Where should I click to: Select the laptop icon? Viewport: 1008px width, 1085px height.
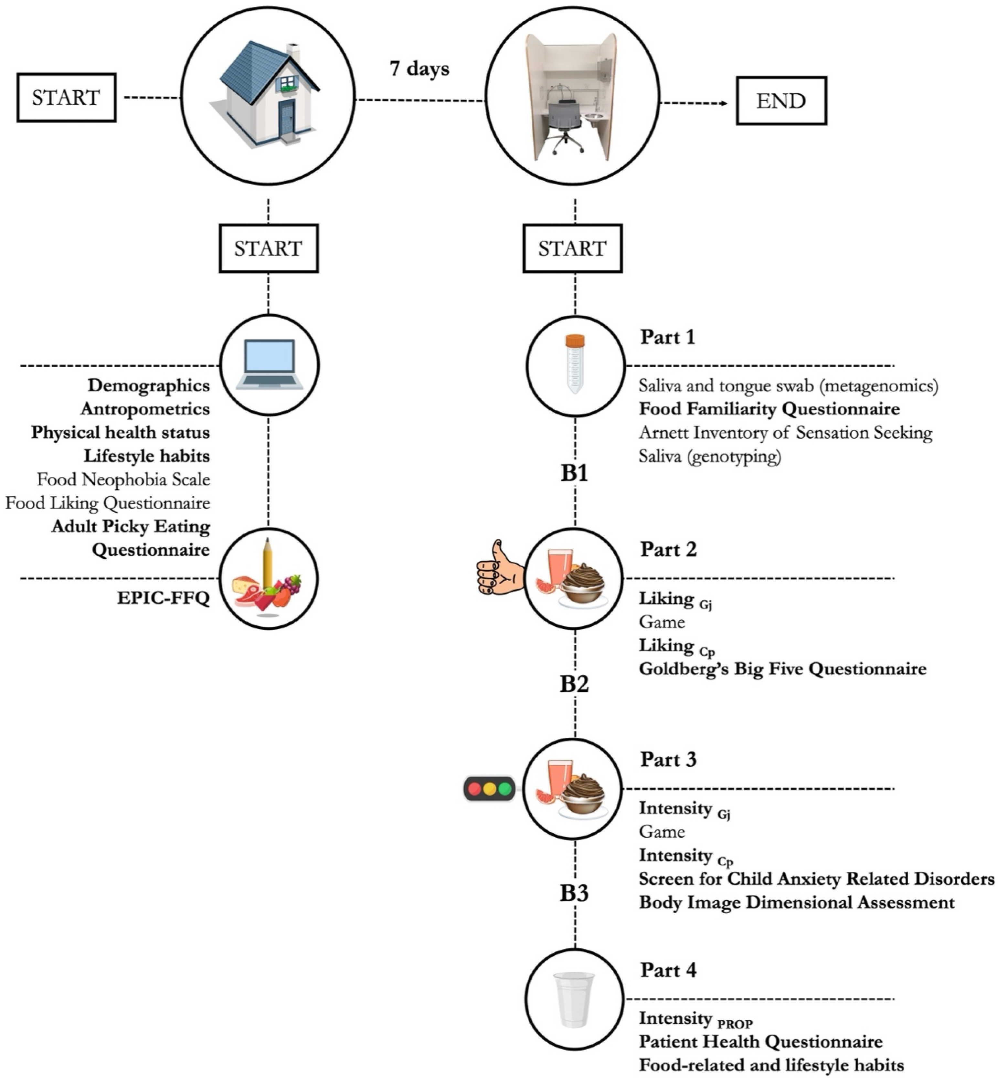[270, 364]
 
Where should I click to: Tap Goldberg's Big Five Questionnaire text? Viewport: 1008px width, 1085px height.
[782, 669]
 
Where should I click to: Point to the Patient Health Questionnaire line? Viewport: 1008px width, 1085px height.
[760, 1041]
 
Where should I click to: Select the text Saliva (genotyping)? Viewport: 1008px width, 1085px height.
[710, 456]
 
